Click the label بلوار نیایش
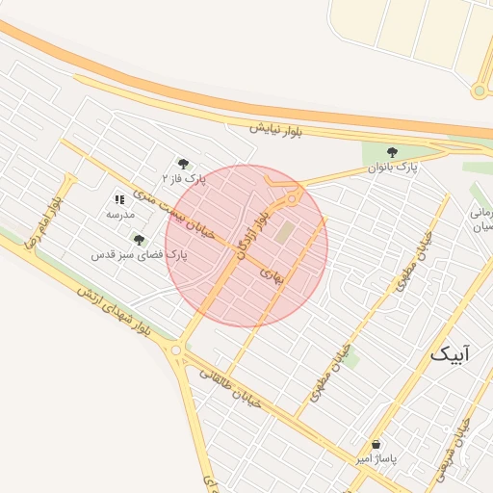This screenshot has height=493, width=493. coord(275,130)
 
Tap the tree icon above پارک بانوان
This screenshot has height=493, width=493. coord(392,152)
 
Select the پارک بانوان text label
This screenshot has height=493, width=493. coord(392,168)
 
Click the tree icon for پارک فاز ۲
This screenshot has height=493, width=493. coord(184,164)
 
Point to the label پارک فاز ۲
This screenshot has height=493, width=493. coord(184,179)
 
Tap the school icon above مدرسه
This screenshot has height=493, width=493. coord(119,199)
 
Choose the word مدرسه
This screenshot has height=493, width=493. coord(119,214)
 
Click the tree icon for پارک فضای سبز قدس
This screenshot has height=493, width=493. coord(139,240)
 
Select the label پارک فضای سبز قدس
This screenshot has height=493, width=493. coord(139,255)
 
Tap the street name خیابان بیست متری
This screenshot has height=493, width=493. coord(183,217)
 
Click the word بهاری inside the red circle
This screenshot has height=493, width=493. coord(272,274)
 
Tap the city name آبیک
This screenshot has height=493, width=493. coord(452,354)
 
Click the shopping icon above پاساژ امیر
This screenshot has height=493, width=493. coord(375,444)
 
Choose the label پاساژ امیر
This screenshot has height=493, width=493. coord(375,459)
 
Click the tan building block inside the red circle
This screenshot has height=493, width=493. coord(285,232)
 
